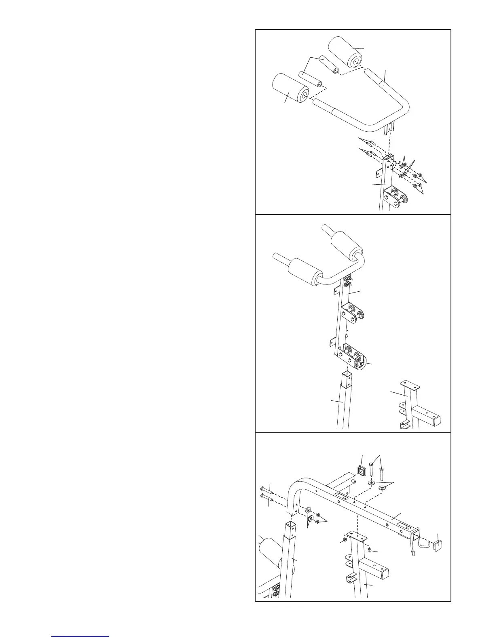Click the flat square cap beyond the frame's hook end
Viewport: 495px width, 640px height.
point(438,546)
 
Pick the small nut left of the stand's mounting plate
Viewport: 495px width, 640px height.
point(345,540)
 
